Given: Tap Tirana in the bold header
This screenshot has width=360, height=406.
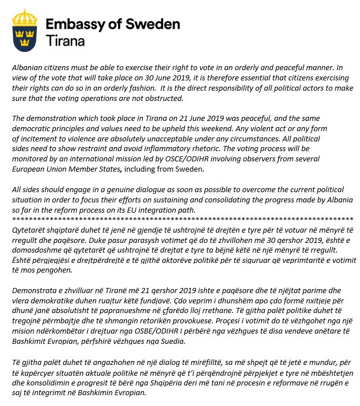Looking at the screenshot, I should tap(64, 42).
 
